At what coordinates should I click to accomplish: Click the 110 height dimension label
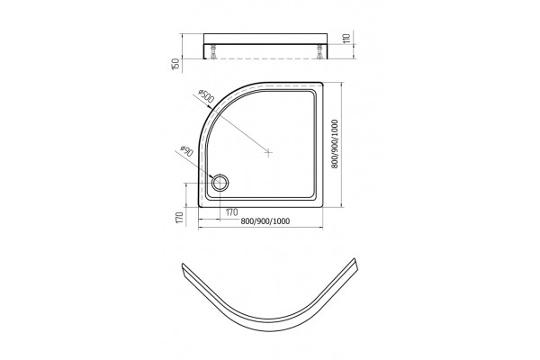pos(346,38)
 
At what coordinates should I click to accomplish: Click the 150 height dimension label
pos(175,66)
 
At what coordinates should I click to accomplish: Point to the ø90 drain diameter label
pos(186,150)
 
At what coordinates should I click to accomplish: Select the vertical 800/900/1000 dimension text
pos(335,144)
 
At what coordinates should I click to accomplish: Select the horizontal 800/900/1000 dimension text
pos(265,221)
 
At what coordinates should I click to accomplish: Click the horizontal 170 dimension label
pos(232,211)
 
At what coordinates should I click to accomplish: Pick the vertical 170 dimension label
pos(178,218)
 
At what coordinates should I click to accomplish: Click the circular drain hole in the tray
pos(220,183)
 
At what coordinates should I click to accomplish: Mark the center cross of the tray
pos(268,151)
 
